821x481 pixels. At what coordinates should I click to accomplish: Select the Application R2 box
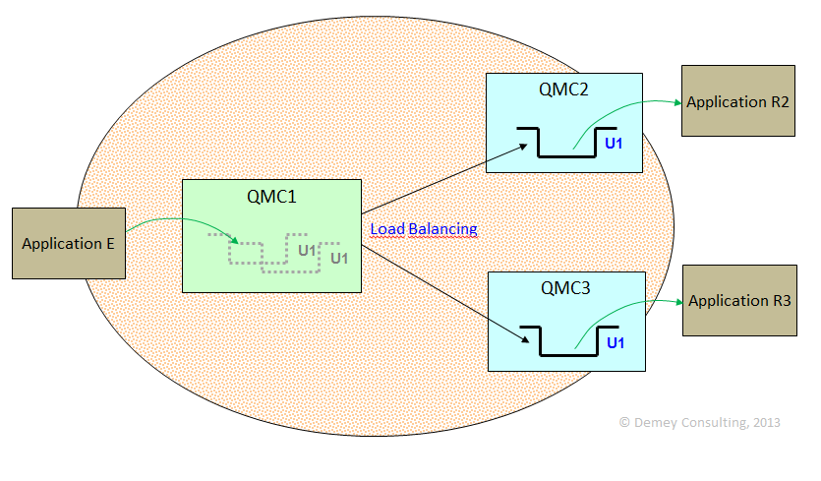pos(737,101)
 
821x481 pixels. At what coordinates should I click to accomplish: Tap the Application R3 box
pos(738,301)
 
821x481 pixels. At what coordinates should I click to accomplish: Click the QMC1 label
pos(271,196)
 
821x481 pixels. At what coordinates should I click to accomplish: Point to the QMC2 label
pos(563,90)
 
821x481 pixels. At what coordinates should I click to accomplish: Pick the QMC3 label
pos(566,288)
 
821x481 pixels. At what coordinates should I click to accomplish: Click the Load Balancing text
pos(424,229)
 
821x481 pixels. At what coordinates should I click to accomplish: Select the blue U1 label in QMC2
pos(614,144)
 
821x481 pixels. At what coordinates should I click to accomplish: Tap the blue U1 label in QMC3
pos(616,342)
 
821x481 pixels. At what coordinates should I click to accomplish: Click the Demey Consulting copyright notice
pos(699,422)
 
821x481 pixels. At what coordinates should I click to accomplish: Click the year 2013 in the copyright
pos(765,422)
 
